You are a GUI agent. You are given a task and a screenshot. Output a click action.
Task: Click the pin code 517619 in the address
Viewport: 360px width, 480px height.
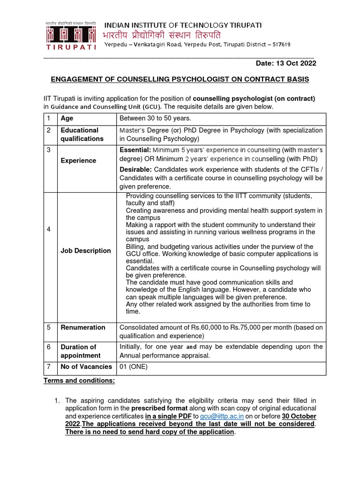[280, 45]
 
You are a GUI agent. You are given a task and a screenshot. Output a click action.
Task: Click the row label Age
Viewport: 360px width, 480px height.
[67, 119]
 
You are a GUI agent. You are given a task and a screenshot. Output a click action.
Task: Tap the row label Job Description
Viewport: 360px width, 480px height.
[86, 251]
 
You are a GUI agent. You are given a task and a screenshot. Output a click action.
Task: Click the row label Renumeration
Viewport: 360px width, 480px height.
[83, 327]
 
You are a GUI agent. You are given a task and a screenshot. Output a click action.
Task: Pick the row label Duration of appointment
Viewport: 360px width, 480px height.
[81, 351]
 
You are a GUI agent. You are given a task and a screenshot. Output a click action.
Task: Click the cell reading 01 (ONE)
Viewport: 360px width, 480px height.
[134, 367]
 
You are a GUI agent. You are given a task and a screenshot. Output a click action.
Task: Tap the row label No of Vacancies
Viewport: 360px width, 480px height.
[86, 367]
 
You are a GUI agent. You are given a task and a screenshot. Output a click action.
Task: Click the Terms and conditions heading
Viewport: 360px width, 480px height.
[79, 381]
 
